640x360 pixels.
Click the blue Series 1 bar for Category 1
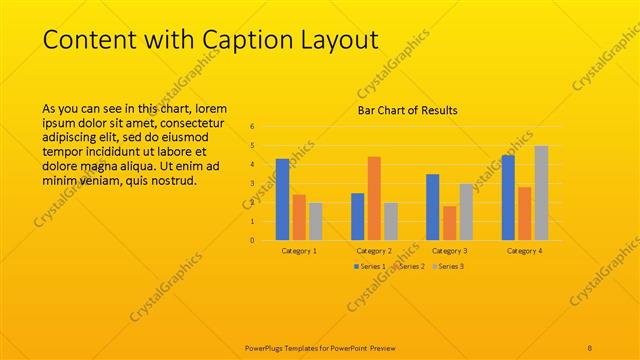(x=282, y=200)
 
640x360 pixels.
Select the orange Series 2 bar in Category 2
(x=374, y=198)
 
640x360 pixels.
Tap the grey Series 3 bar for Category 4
(x=541, y=193)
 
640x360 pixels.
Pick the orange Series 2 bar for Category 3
(x=449, y=223)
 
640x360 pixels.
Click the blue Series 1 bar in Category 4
(x=508, y=198)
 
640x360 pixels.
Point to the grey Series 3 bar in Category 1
(x=316, y=221)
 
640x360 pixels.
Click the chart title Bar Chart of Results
(x=408, y=110)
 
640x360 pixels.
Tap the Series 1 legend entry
(x=371, y=266)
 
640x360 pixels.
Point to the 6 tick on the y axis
(x=252, y=126)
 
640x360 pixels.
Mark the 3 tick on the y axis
(x=252, y=183)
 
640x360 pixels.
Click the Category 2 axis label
(x=374, y=250)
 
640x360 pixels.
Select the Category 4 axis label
(x=524, y=250)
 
